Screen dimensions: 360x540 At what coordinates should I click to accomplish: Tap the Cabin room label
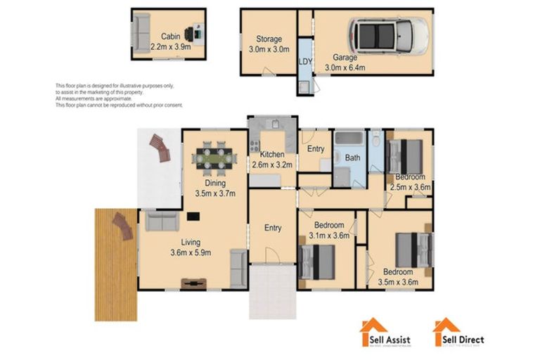(x=169, y=37)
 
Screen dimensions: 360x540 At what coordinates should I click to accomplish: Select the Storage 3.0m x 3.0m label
(x=269, y=44)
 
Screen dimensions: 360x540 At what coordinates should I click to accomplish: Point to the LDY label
(x=305, y=62)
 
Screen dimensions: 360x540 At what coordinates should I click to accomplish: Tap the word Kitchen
(x=271, y=155)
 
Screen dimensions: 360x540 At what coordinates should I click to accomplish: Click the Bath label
(x=352, y=158)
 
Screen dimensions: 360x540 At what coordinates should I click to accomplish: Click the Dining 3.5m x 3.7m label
(x=214, y=188)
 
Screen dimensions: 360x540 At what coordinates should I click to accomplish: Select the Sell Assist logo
(x=386, y=333)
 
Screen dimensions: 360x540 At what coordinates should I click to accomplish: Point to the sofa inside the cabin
(x=141, y=31)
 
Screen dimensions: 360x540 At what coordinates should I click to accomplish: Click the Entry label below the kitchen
(x=273, y=228)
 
